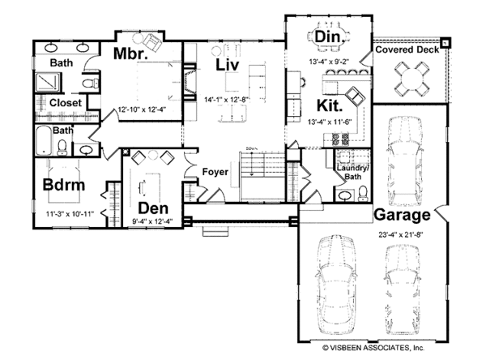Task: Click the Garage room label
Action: click(401, 216)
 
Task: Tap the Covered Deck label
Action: click(407, 50)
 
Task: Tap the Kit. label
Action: click(331, 105)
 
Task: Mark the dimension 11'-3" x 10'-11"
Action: click(70, 214)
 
